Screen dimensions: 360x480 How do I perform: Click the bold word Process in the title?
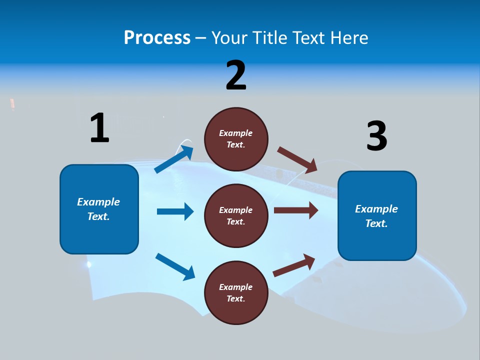pos(157,38)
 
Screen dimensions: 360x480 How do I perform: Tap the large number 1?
pos(99,128)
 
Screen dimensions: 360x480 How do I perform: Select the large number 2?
pos(236,75)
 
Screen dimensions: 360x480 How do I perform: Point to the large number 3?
pos(376,136)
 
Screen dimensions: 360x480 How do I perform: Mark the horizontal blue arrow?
pos(175,211)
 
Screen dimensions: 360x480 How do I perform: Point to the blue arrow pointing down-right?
pos(175,266)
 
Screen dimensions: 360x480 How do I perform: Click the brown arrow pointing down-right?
pos(297,159)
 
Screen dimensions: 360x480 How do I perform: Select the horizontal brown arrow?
pos(296,210)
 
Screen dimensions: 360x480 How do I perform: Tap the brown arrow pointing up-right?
pos(294,265)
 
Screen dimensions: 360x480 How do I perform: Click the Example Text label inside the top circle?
pos(236,138)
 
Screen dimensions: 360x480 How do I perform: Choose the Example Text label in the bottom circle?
pos(236,292)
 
